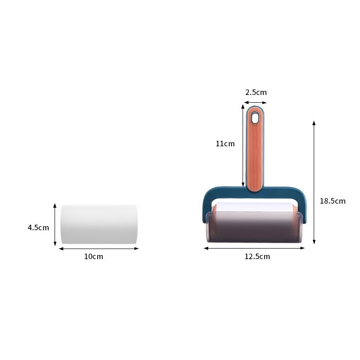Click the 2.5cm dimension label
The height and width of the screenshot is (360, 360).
point(256,92)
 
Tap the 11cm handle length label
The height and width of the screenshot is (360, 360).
point(225,144)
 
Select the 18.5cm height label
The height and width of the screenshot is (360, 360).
point(332,201)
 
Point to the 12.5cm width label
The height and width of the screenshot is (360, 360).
point(257,256)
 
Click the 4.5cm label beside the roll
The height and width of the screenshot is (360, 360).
point(39,227)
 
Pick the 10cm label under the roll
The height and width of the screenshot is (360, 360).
point(94,256)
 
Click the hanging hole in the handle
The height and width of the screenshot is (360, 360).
point(255,117)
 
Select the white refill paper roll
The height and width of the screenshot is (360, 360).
point(99,224)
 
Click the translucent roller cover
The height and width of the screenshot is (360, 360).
point(254,227)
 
